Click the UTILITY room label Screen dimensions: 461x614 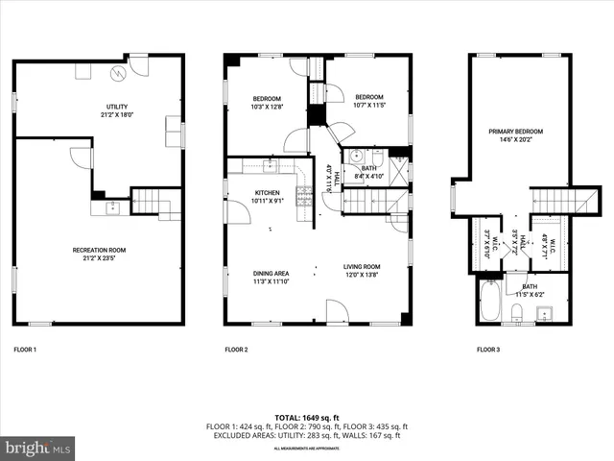117,107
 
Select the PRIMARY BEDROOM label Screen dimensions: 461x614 516,131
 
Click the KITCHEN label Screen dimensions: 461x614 267,192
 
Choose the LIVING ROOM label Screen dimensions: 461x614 363,267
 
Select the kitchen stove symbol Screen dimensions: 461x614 306,198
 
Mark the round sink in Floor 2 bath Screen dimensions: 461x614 354,158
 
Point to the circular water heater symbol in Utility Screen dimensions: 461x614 118,72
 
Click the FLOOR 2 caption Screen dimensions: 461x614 236,350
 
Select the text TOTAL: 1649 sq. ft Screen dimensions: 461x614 306,418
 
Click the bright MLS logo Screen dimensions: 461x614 38,448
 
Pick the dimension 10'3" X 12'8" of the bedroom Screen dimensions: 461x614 267,107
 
